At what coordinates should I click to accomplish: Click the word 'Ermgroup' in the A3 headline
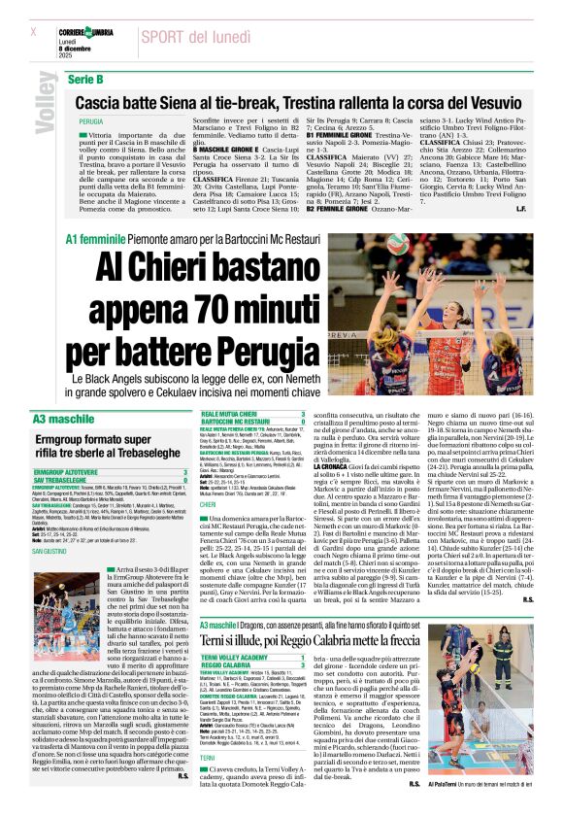click(75, 439)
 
